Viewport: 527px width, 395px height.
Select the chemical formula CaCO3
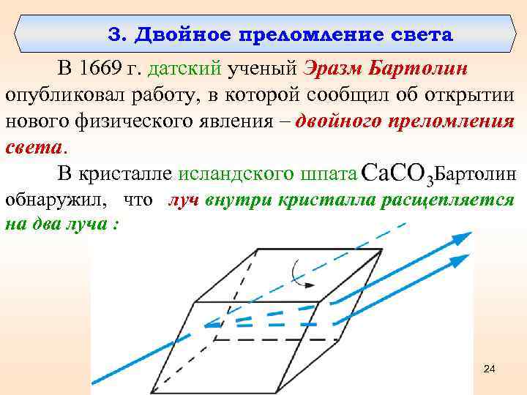coord(399,175)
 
